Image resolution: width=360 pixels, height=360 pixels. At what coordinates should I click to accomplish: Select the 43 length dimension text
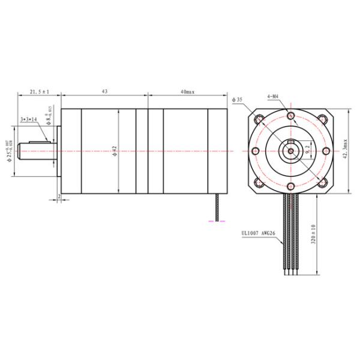point(104,92)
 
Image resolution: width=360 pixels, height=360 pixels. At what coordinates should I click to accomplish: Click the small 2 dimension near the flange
point(59,196)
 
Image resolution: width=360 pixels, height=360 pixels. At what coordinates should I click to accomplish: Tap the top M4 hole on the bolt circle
point(290,116)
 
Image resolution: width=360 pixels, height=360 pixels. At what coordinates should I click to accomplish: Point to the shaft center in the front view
point(290,151)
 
